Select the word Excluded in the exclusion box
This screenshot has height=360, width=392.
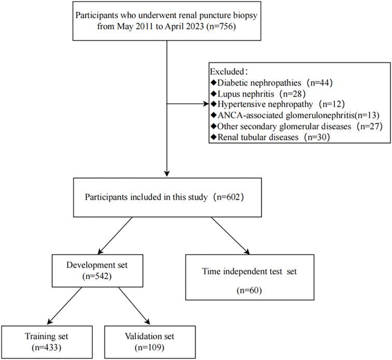coord(227,70)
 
